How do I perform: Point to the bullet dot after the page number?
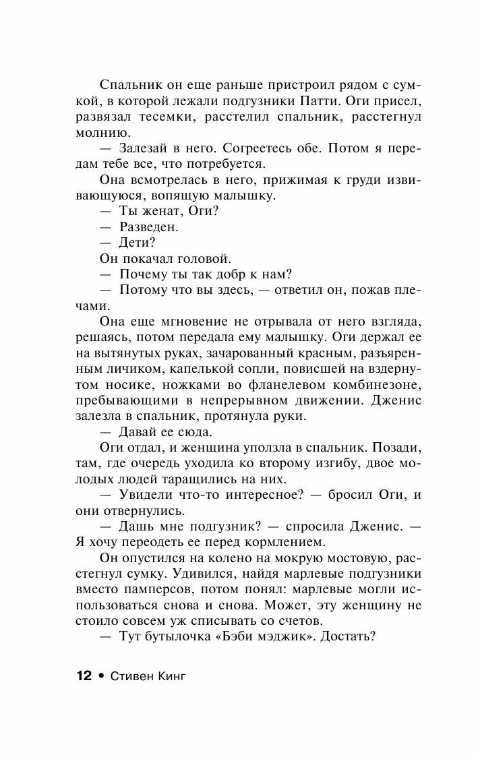tap(100, 677)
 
